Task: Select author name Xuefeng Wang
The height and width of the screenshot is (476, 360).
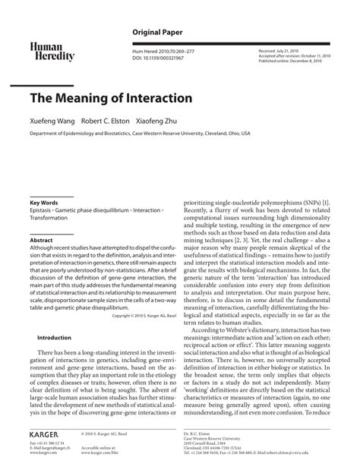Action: coord(52,121)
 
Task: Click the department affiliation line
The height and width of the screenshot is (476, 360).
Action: coord(140,132)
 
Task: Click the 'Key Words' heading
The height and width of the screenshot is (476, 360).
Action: coord(44,203)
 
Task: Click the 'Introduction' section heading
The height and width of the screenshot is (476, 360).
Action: coord(54,337)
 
